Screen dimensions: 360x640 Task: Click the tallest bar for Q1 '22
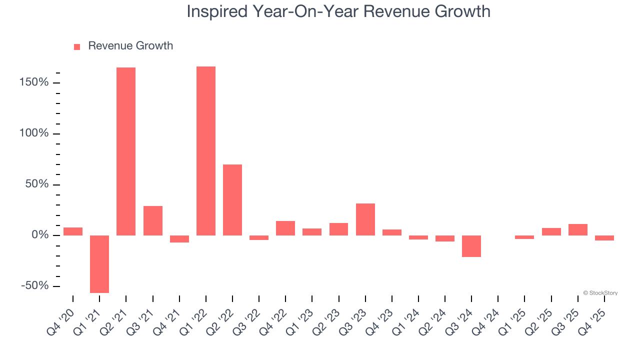point(206,150)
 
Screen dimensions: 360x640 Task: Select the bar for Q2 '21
point(126,151)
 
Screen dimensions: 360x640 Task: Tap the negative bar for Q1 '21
point(99,264)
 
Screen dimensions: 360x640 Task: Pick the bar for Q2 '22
point(232,200)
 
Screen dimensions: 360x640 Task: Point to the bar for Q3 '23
point(365,219)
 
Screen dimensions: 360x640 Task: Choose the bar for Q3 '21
point(153,220)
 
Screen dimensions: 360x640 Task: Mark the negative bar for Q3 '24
point(471,246)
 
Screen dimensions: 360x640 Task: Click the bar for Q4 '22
point(285,228)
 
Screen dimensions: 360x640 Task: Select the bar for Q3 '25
point(578,229)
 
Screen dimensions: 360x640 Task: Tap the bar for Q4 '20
point(73,231)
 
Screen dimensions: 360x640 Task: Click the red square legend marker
point(77,46)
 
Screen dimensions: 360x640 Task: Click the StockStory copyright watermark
point(600,293)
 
